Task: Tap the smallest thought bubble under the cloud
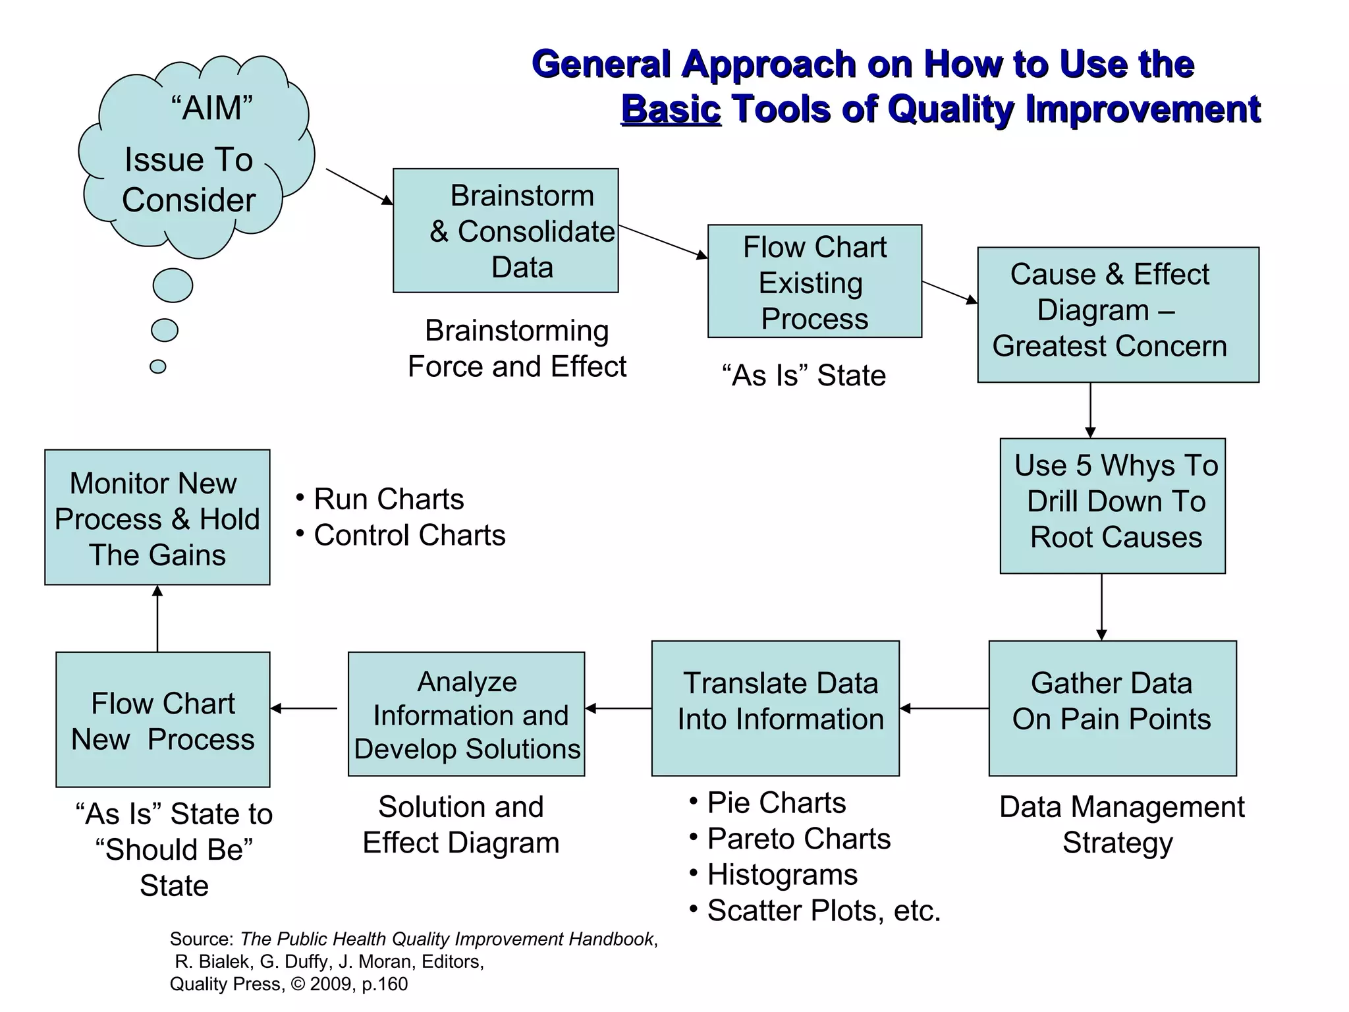click(x=158, y=366)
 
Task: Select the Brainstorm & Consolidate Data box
click(x=505, y=231)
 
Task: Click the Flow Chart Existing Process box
click(x=814, y=281)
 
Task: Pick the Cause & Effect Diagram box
click(x=1118, y=315)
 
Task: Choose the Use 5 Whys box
click(x=1113, y=505)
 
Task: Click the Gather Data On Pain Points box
click(x=1112, y=708)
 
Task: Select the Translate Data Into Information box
click(x=775, y=708)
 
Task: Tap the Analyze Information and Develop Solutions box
click(x=466, y=714)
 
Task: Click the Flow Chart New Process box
click(x=163, y=719)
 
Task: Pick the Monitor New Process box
click(x=157, y=517)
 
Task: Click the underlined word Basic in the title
click(x=671, y=109)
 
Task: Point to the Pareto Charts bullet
click(x=798, y=839)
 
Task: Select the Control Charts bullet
click(x=408, y=535)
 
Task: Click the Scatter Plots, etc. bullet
click(x=823, y=911)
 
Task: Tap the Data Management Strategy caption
click(x=1121, y=824)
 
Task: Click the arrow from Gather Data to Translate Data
click(x=944, y=708)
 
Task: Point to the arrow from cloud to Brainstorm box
click(x=359, y=186)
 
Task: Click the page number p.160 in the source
click(x=385, y=984)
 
